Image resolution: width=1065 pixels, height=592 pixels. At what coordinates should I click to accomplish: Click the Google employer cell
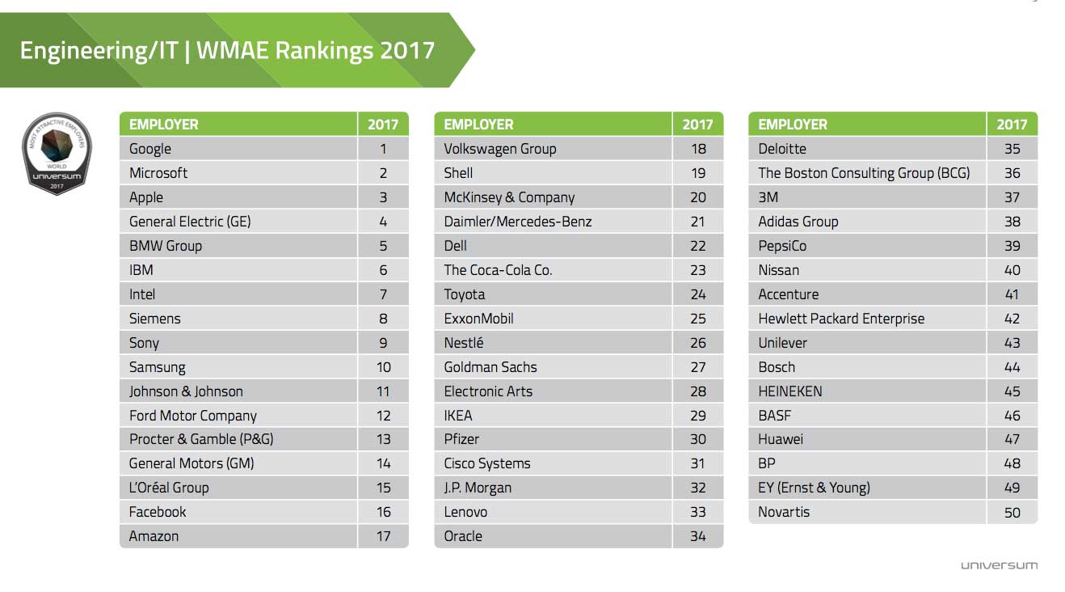point(151,149)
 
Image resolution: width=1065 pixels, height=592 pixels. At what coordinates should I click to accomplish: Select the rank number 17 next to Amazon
point(383,536)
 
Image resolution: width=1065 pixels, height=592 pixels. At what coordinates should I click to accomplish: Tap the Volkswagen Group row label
point(499,149)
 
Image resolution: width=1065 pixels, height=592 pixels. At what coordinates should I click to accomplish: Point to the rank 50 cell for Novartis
point(1012,512)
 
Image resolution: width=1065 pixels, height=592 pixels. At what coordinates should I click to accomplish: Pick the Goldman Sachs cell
point(490,367)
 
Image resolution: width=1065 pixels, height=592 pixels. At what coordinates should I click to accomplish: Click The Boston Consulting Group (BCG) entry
point(863,173)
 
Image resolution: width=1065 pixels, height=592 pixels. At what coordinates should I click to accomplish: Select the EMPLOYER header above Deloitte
point(793,125)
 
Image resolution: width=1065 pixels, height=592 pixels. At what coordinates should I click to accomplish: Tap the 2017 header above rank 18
point(697,125)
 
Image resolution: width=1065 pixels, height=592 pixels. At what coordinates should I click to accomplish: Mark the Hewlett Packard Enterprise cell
point(840,319)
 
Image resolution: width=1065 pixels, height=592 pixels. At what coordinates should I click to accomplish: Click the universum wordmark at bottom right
point(999,565)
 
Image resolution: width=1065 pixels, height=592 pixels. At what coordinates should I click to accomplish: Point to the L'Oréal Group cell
point(169,488)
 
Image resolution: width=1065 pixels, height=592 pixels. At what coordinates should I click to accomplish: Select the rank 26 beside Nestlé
point(698,343)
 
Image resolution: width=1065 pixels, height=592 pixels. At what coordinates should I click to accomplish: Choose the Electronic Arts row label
point(488,391)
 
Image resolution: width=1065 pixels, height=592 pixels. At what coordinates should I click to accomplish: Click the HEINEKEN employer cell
point(789,391)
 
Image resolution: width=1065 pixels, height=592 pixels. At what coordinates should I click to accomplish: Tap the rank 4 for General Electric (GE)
point(383,222)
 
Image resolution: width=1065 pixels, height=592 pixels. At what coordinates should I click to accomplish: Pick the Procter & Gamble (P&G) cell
point(201,439)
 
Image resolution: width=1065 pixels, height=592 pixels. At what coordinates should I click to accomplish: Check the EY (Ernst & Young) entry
point(814,488)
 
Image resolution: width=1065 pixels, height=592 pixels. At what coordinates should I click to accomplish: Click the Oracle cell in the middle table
point(463,536)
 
